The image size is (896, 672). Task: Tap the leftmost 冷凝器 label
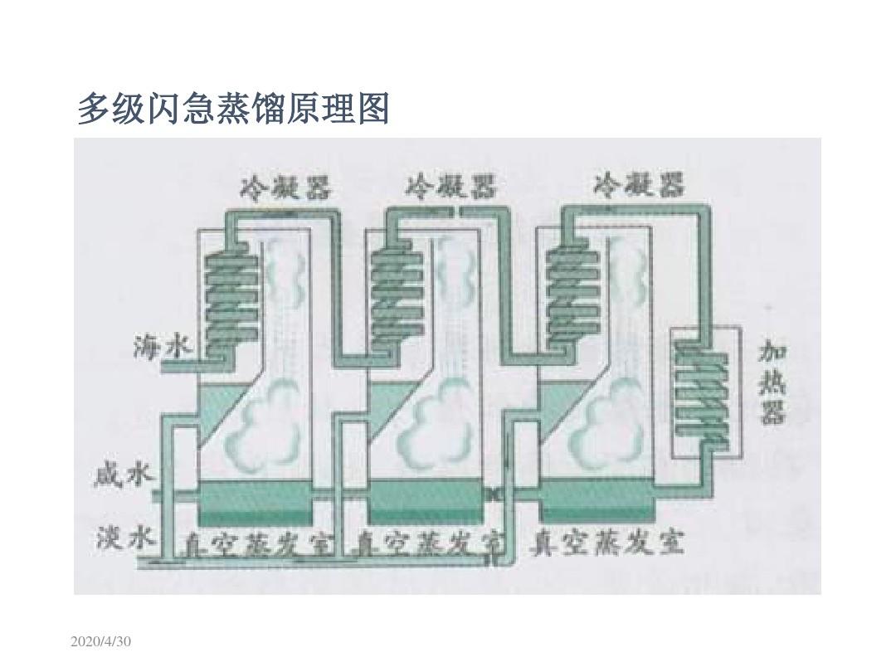(285, 187)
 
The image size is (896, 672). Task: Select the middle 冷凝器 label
(450, 187)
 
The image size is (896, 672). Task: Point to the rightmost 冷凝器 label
(639, 185)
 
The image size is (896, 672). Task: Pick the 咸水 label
(122, 476)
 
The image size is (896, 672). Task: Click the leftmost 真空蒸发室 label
(259, 544)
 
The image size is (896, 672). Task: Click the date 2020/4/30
(102, 643)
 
